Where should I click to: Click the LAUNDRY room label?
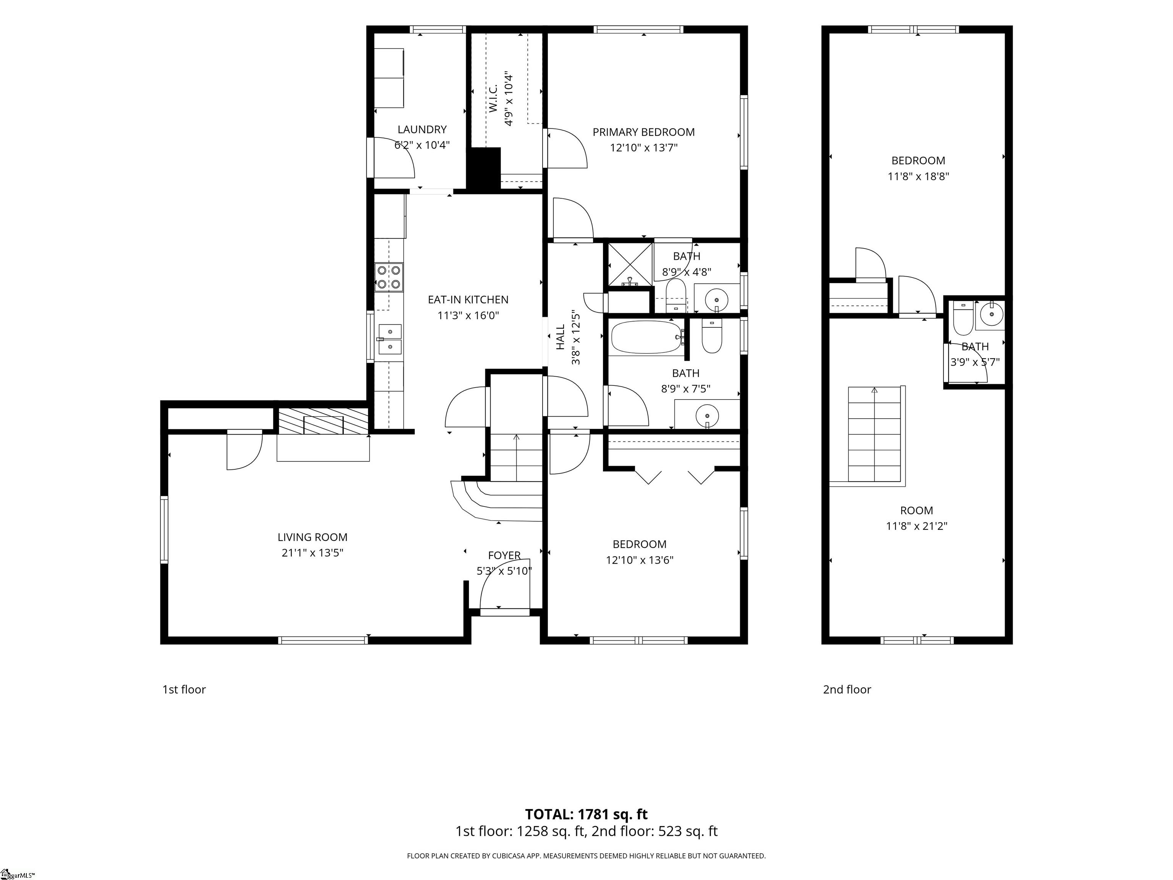pos(422,129)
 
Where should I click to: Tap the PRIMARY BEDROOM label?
pos(643,132)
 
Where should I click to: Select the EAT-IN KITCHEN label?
pos(468,300)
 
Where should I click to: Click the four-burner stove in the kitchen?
pos(389,277)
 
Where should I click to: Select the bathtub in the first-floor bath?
pos(647,338)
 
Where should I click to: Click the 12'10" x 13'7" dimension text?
pos(643,147)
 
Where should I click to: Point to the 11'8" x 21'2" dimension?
pos(916,526)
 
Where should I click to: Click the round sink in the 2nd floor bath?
pos(990,315)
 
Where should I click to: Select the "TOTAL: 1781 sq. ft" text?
pos(586,814)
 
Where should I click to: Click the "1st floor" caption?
pos(184,689)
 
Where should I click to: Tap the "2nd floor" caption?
pos(847,689)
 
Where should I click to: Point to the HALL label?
pos(561,337)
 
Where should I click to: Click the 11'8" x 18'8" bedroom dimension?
pos(918,176)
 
